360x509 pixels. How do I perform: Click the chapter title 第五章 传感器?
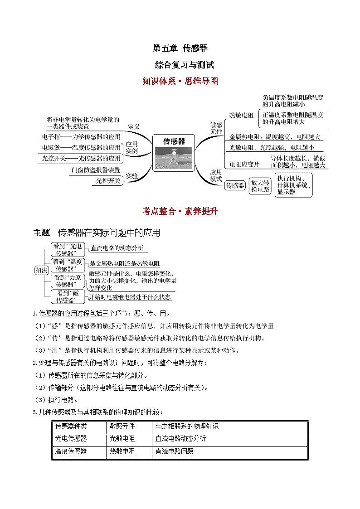[x=180, y=48]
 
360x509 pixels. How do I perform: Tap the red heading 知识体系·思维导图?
[x=180, y=81]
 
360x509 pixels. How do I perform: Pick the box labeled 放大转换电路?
[x=260, y=186]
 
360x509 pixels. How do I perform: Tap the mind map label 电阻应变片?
[x=244, y=164]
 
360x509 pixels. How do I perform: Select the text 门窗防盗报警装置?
[x=96, y=170]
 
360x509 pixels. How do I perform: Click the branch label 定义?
[x=134, y=126]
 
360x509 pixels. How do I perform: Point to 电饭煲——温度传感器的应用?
[x=81, y=147]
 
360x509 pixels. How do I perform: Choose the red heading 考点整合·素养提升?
[x=180, y=211]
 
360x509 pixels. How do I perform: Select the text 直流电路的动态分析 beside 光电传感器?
[x=117, y=248]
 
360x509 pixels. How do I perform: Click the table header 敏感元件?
[x=122, y=427]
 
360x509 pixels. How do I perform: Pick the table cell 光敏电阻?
[x=122, y=439]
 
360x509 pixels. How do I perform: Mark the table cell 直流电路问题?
[x=174, y=451]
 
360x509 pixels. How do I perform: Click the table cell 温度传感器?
[x=71, y=451]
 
